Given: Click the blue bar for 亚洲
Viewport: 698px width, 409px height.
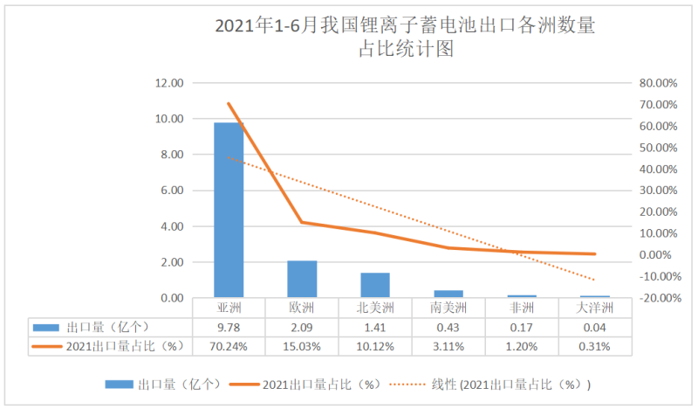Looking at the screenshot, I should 229,210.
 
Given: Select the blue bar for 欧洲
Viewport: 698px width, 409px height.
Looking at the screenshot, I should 302,279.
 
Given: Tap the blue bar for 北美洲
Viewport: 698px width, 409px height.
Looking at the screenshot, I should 375,285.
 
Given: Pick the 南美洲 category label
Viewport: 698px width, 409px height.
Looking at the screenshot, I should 448,308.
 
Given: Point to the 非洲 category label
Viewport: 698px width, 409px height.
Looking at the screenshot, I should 522,308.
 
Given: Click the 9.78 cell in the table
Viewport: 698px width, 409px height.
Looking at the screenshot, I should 229,327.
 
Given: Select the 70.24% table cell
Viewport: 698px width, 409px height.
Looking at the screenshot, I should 229,345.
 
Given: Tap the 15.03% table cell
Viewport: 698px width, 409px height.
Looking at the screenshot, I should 302,345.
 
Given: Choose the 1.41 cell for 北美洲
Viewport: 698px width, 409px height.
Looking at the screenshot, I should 375,327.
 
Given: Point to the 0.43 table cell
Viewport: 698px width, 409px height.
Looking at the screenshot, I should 448,327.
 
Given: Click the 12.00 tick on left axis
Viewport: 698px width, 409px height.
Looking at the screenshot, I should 168,83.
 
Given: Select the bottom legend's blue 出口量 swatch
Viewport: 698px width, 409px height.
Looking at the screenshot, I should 120,384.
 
